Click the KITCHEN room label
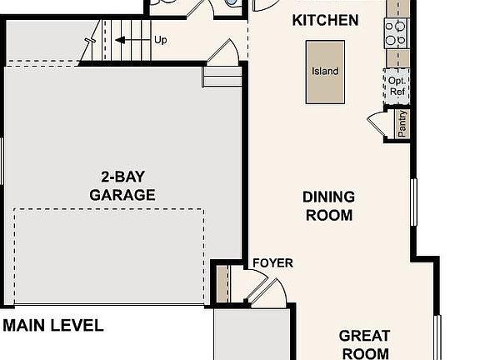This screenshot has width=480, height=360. click(x=325, y=20)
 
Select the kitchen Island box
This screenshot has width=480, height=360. click(x=325, y=71)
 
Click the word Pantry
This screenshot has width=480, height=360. click(x=402, y=123)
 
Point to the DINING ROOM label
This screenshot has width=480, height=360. click(x=328, y=206)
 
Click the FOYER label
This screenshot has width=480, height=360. click(x=272, y=263)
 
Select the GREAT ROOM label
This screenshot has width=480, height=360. click(x=364, y=344)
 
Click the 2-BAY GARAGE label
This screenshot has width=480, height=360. click(x=122, y=186)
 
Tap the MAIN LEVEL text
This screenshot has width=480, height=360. click(x=52, y=326)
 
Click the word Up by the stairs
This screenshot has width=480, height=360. click(x=161, y=39)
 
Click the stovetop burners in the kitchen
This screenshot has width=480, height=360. click(x=395, y=32)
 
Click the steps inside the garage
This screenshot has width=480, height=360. click(x=222, y=77)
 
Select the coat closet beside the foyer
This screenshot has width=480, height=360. click(x=222, y=283)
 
